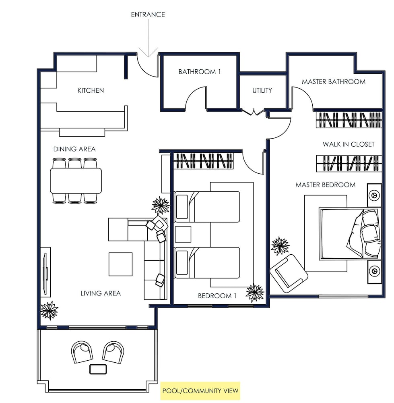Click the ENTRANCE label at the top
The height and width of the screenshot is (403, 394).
point(148,15)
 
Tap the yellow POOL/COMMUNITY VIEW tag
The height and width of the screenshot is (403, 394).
point(200,391)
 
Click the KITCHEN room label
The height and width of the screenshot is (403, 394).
point(91,90)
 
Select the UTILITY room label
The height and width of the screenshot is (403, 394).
point(262,90)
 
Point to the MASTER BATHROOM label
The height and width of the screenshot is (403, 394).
point(333,82)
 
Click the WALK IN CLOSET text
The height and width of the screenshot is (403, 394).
point(349,144)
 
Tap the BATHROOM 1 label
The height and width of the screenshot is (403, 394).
point(200,72)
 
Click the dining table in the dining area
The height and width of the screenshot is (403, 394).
point(76,181)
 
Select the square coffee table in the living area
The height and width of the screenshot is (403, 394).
point(120,264)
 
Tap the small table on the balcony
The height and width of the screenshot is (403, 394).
point(98,369)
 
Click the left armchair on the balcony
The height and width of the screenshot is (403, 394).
point(82,352)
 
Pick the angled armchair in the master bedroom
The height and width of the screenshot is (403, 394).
point(289,274)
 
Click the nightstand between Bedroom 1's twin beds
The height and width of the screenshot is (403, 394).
point(183,235)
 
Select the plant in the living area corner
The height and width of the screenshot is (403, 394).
point(49,310)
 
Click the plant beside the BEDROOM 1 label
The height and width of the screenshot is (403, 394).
point(255,293)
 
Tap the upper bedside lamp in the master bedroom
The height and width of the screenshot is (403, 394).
point(374,195)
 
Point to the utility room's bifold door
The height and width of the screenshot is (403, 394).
point(254,112)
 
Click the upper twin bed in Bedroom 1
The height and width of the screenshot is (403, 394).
point(207,207)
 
